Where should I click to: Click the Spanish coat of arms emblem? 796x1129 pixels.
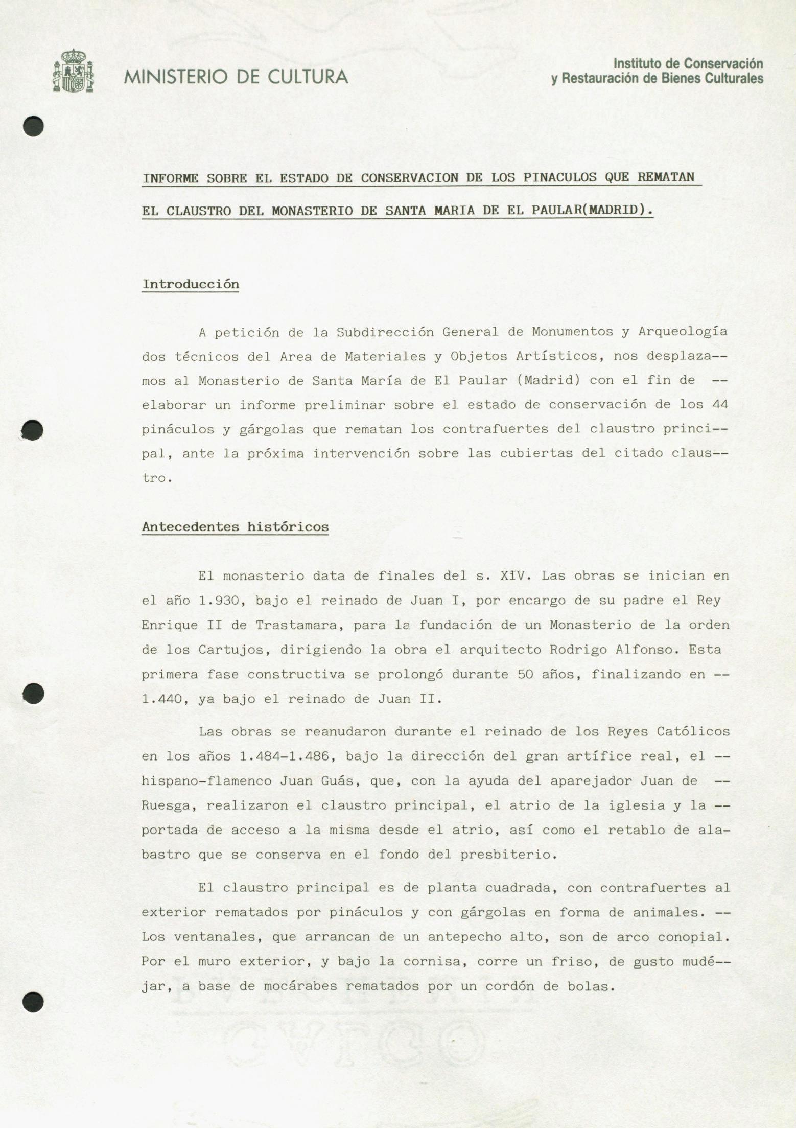[73, 71]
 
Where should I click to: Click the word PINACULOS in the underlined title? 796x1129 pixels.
[559, 178]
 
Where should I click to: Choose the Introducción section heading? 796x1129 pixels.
[191, 284]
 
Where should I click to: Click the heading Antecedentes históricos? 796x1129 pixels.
[235, 527]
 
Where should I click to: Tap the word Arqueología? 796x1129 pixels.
[683, 332]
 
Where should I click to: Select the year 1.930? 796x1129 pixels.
[219, 601]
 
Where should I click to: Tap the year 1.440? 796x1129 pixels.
[162, 699]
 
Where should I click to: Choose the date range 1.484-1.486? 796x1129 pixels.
[288, 756]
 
